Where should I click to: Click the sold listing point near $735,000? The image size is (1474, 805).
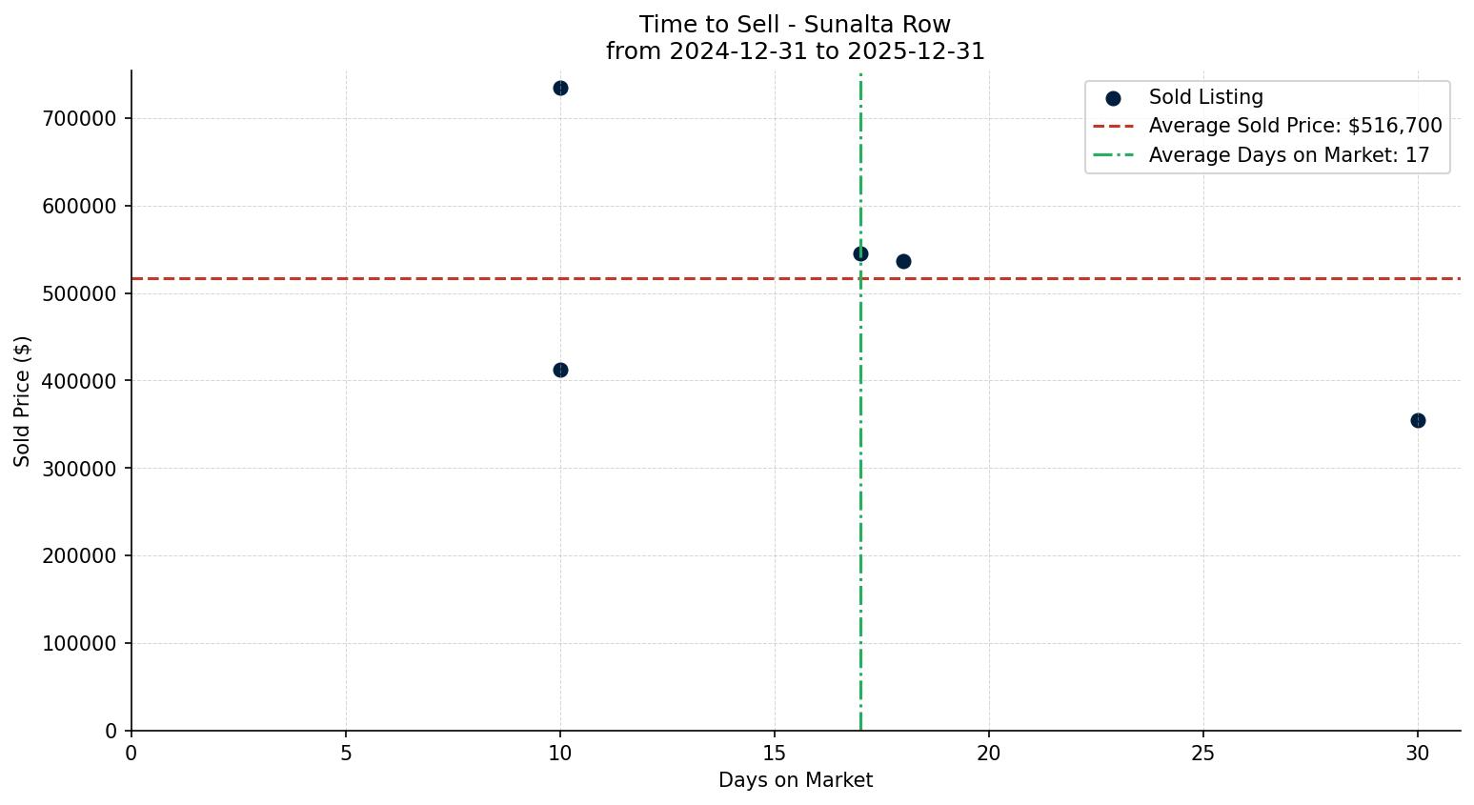[560, 88]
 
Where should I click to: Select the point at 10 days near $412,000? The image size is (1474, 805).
[560, 370]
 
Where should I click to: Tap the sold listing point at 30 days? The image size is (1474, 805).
[1418, 420]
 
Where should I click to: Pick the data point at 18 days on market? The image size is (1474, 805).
[903, 261]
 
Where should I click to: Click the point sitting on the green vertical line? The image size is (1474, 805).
[860, 253]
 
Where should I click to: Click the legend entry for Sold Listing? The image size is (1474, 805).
[1205, 97]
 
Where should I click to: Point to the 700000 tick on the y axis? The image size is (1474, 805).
[79, 119]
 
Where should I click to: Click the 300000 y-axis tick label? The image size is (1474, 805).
[79, 469]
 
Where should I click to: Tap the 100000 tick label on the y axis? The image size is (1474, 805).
[79, 644]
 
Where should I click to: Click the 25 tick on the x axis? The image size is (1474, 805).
[1203, 754]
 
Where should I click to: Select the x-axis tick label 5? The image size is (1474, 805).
[346, 754]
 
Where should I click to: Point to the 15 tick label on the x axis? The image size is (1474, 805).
[775, 754]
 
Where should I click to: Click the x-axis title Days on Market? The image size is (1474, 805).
[796, 781]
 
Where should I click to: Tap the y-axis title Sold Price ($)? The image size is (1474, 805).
[23, 401]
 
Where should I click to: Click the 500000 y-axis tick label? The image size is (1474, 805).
[79, 293]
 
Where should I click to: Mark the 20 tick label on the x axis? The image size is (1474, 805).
[989, 754]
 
